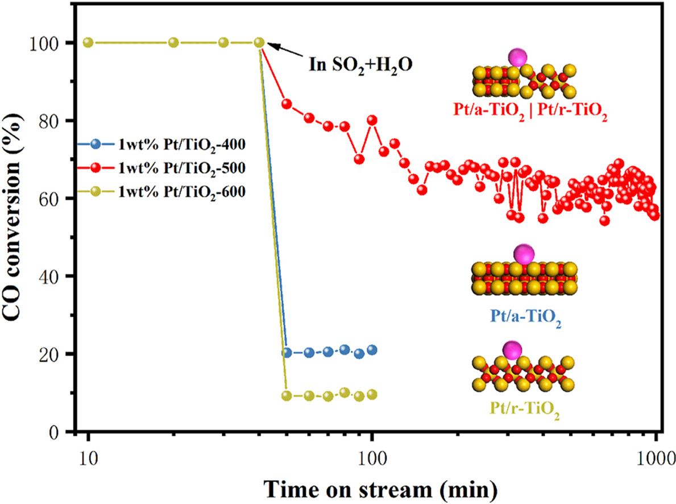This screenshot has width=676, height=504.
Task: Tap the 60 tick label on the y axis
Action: pos(59,199)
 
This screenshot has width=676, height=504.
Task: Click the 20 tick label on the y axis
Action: pos(59,354)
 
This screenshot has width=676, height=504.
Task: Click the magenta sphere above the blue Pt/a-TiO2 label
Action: pos(523,253)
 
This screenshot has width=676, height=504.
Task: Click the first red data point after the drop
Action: pos(287,104)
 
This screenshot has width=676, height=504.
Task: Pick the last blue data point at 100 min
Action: pos(372,350)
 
